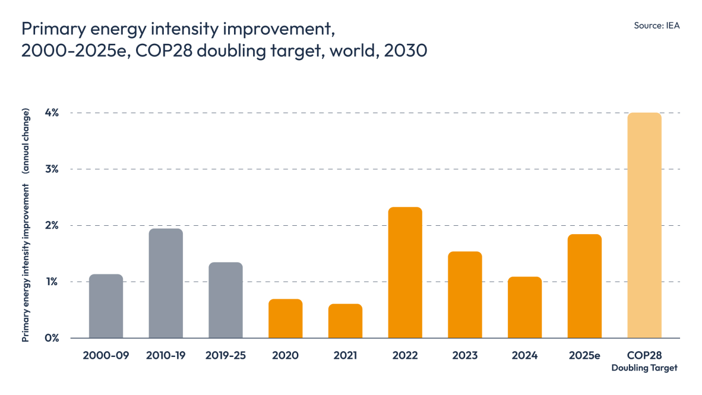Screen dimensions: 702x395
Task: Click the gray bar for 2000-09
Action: [106, 306]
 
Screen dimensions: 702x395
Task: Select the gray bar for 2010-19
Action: [166, 283]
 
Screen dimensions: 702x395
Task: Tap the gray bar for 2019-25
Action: [226, 300]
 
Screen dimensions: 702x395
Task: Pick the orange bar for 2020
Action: [286, 318]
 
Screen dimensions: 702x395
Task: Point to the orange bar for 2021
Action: [345, 321]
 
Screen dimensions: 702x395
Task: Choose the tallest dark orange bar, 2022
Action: [405, 273]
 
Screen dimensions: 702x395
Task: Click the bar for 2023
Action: [465, 295]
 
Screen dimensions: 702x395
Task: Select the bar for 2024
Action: [525, 307]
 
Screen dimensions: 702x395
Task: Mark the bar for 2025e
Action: [585, 286]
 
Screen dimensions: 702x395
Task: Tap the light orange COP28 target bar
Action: [644, 225]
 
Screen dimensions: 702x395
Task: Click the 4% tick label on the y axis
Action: [52, 113]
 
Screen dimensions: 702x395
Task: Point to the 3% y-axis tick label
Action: [52, 169]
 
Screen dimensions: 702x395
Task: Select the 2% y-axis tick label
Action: [52, 225]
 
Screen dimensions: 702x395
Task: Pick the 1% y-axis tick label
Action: [52, 282]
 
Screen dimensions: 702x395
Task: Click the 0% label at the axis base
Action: [52, 338]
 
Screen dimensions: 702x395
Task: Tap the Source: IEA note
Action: [657, 25]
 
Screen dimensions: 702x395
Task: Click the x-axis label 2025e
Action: [585, 355]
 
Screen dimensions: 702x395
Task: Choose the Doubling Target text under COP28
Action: [644, 368]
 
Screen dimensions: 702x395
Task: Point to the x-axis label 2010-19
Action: [166, 355]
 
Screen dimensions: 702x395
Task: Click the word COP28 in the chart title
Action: [164, 51]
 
